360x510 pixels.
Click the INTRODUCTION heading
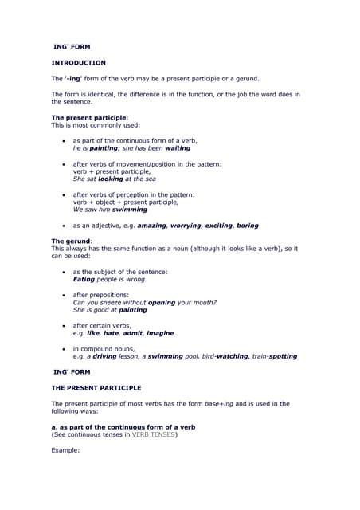[78, 62]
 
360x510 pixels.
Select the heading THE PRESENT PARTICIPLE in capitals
[96, 387]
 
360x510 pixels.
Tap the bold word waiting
[178, 147]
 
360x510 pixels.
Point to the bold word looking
[110, 178]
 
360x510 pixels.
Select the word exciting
[223, 226]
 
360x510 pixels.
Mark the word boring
[248, 226]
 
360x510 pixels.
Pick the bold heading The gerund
[72, 241]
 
